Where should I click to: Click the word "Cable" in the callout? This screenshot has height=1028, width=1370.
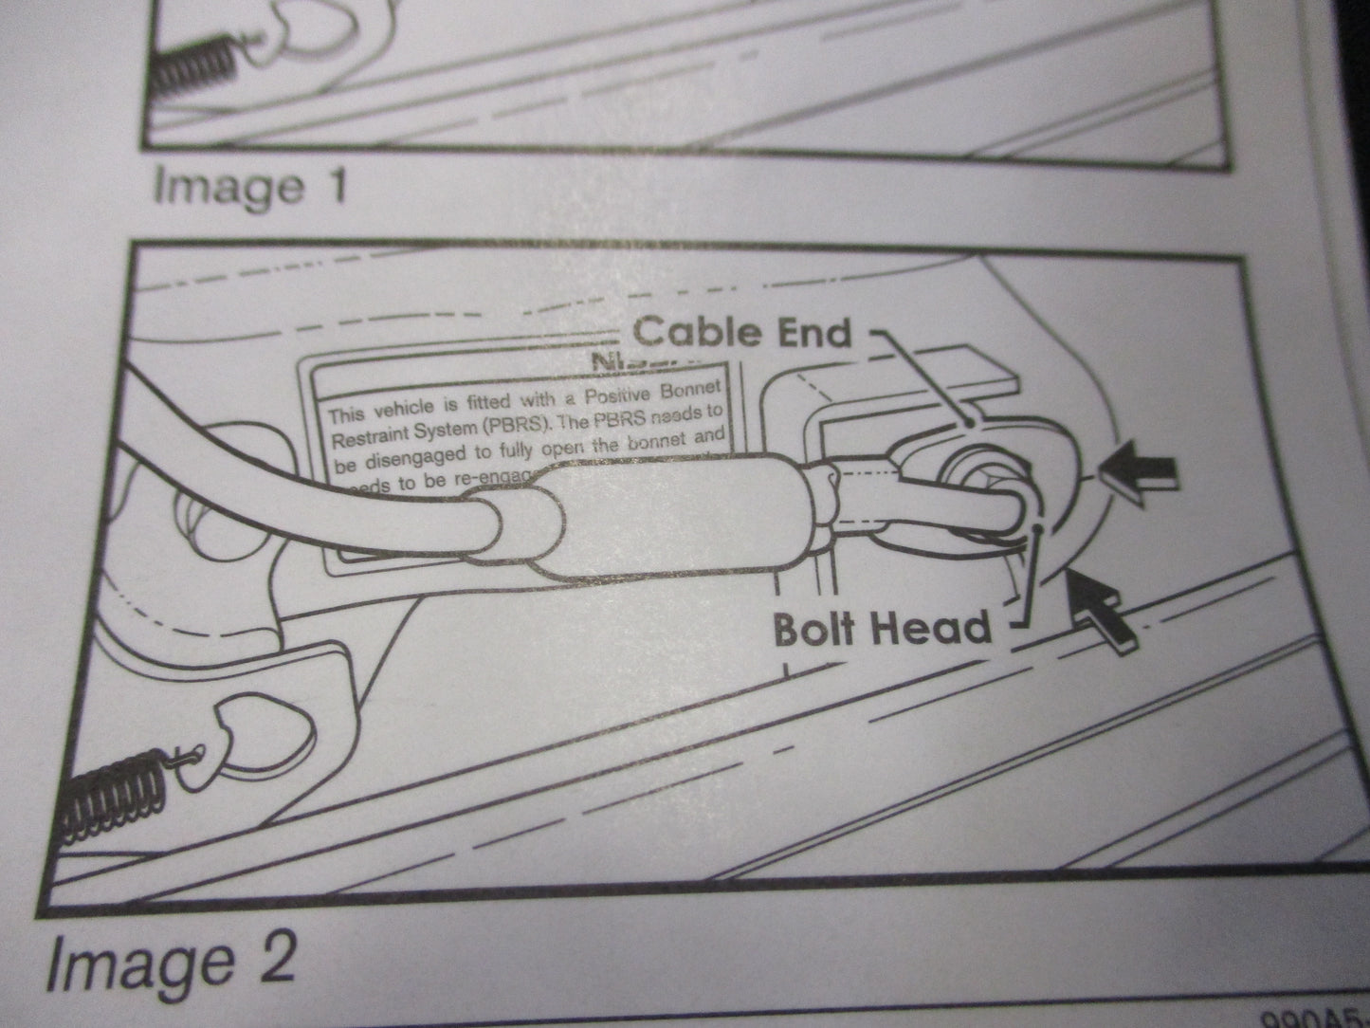tap(696, 331)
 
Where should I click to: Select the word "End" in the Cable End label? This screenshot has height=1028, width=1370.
tap(810, 332)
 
